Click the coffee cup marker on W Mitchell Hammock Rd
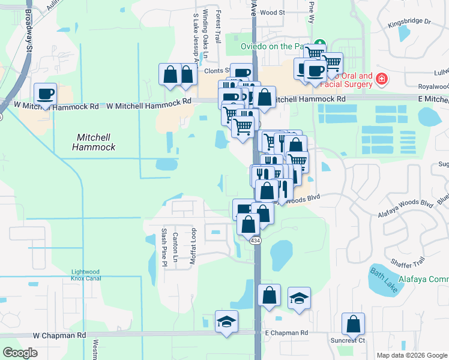(46, 94)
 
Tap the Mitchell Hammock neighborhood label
(94, 142)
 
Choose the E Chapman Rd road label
(286, 332)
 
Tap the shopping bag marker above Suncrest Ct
(354, 324)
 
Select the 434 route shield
(256, 240)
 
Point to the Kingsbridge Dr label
(409, 22)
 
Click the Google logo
(20, 352)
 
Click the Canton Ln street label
(176, 247)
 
